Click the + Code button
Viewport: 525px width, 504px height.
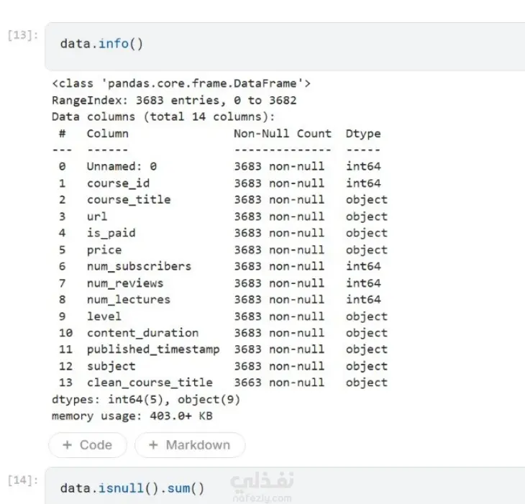(x=88, y=445)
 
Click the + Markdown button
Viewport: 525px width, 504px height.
(x=190, y=445)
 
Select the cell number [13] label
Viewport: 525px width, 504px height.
(x=23, y=35)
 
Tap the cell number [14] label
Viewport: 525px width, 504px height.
(x=23, y=480)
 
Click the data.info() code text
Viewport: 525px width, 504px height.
(x=101, y=44)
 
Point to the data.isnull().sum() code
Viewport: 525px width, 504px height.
(x=132, y=488)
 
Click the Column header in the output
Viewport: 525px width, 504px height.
(x=107, y=134)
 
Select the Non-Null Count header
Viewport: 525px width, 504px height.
(x=282, y=134)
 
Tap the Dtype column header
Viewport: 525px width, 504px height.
(x=363, y=134)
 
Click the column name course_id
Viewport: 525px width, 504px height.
(x=118, y=183)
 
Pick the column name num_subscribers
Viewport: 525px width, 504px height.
(x=139, y=267)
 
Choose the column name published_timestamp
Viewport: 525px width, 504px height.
(x=153, y=349)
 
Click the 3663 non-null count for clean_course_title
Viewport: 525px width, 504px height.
(x=279, y=382)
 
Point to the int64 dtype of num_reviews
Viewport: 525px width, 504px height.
(x=363, y=283)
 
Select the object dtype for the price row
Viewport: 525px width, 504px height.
(x=367, y=250)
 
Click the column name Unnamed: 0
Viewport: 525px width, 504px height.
(x=122, y=166)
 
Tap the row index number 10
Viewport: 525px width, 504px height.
(x=65, y=333)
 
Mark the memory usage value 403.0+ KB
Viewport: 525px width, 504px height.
(x=181, y=416)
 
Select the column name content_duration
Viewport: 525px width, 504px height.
(x=142, y=333)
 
